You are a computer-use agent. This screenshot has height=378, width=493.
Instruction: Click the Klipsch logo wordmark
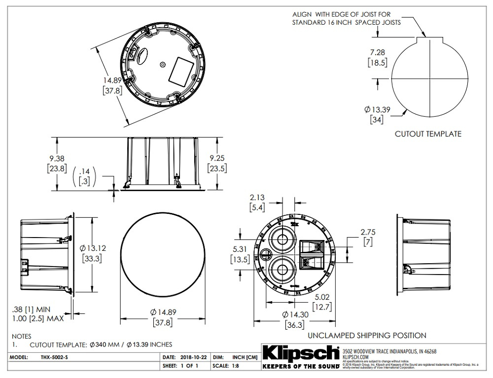pyautogui.click(x=300, y=353)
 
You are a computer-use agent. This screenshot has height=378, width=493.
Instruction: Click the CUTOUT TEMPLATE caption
pyautogui.click(x=428, y=134)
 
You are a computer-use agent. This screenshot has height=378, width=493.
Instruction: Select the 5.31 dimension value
pyautogui.click(x=240, y=249)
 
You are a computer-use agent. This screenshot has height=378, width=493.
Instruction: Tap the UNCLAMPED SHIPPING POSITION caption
pyautogui.click(x=367, y=336)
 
